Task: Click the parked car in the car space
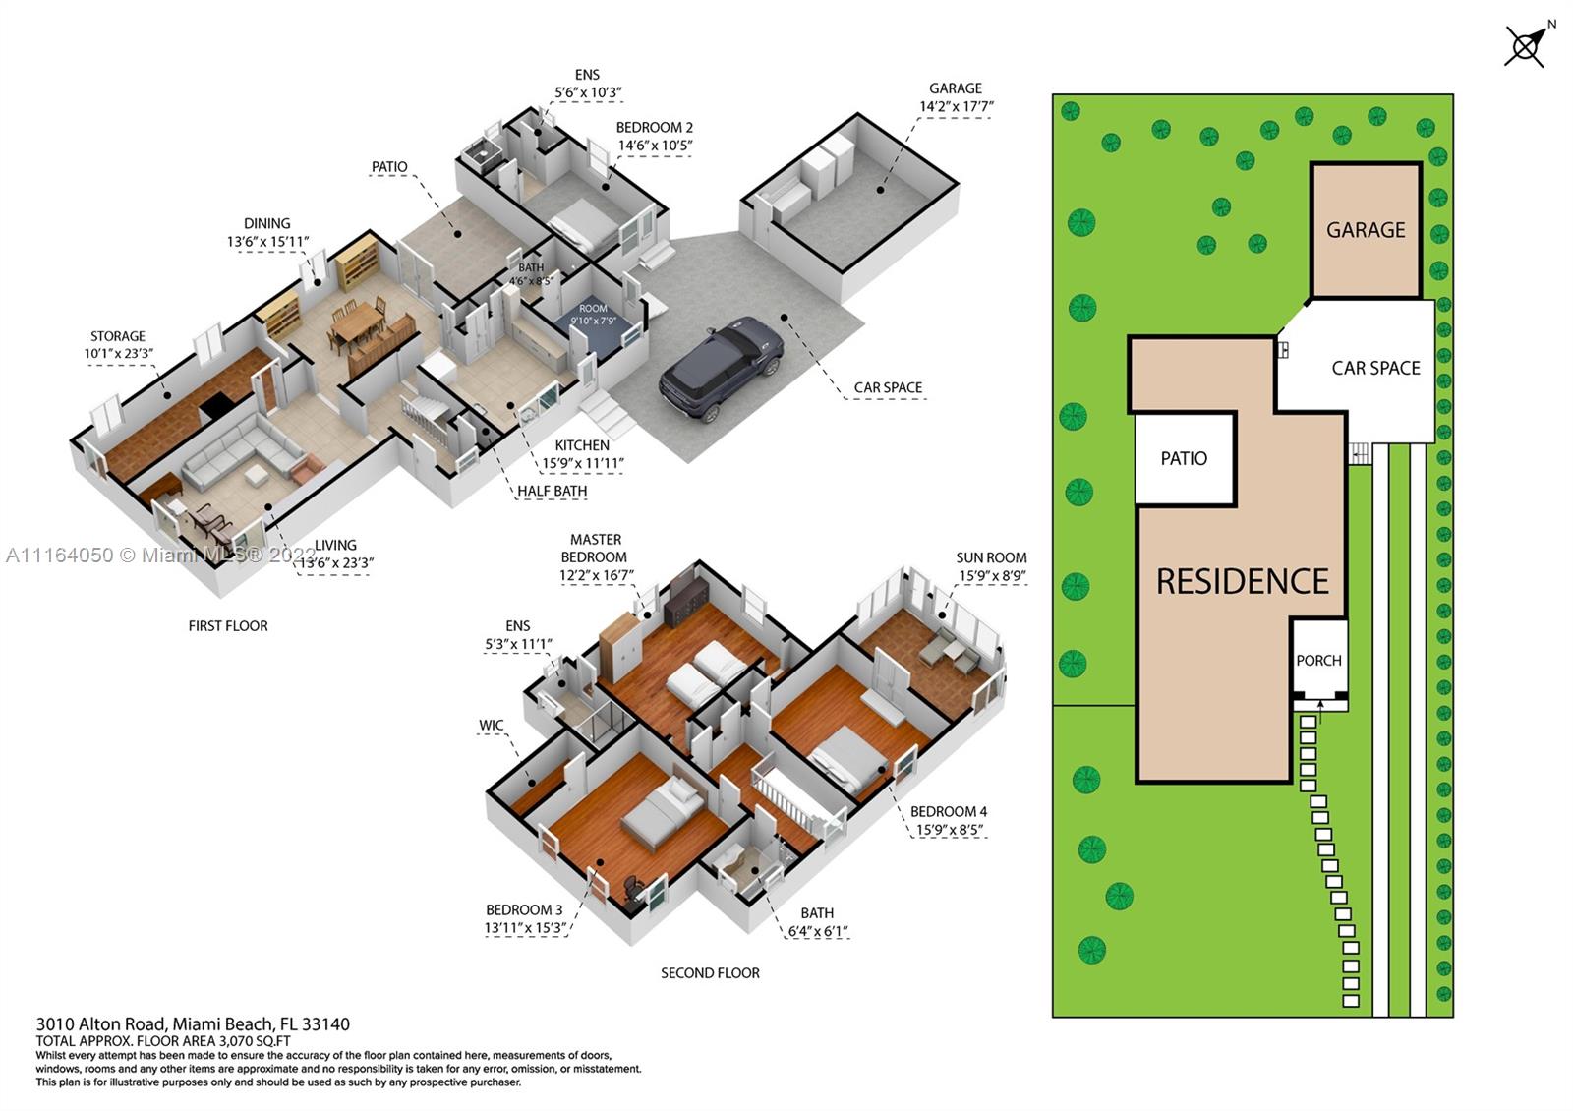(x=722, y=368)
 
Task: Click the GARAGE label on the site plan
(x=1366, y=230)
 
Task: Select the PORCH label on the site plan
(x=1318, y=660)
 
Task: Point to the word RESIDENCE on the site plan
(x=1243, y=581)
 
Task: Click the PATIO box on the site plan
(x=1185, y=458)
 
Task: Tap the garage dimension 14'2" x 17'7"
(x=957, y=107)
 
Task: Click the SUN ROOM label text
(x=991, y=557)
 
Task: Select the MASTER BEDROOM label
(x=596, y=549)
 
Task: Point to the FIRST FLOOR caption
(x=228, y=625)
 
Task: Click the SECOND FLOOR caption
(x=710, y=973)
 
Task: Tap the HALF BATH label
(x=552, y=491)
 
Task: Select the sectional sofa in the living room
(x=242, y=451)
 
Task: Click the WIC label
(x=491, y=725)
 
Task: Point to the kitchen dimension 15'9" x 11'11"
(x=582, y=463)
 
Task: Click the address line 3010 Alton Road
(x=193, y=1023)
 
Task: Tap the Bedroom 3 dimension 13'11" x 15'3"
(x=525, y=928)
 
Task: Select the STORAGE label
(x=118, y=336)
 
